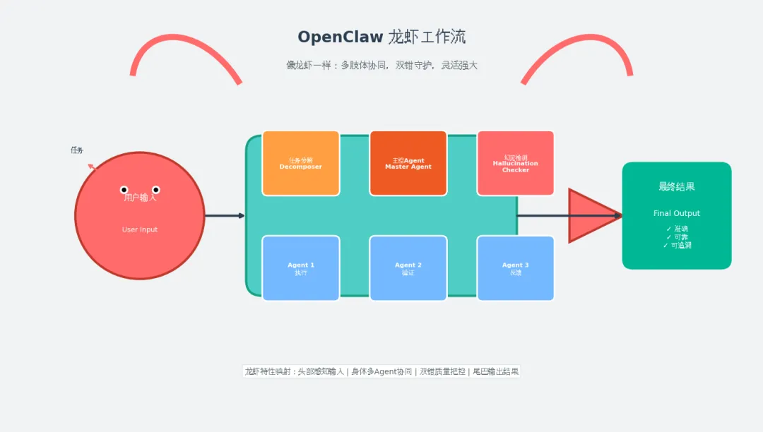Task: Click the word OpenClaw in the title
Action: [x=340, y=37]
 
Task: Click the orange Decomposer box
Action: [x=301, y=163]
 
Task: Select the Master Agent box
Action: [x=408, y=163]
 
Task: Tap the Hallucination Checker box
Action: [x=516, y=163]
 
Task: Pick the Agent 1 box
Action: [x=301, y=268]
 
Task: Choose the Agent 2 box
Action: [x=408, y=268]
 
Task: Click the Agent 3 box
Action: [x=516, y=268]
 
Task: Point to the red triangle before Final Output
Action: [x=590, y=215]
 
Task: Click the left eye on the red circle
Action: [x=124, y=190]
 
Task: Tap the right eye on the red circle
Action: [x=156, y=190]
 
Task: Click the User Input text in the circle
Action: [x=140, y=229]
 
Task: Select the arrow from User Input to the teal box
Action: [x=224, y=215]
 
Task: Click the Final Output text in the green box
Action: [x=677, y=213]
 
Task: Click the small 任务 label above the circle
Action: [x=77, y=150]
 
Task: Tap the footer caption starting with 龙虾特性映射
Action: [x=381, y=371]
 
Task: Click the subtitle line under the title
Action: [x=381, y=65]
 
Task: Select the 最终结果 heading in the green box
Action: [x=677, y=186]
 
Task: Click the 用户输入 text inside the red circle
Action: [x=140, y=198]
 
